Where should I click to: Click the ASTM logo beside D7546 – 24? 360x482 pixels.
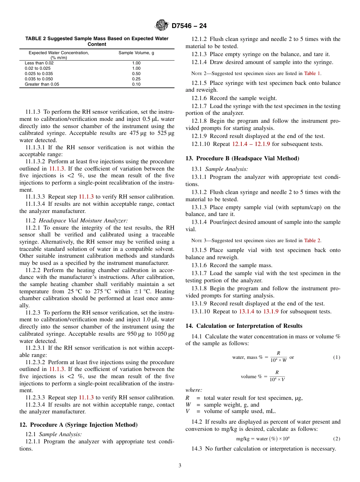pyautogui.click(x=162, y=26)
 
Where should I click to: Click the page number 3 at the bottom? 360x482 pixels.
pyautogui.click(x=180, y=465)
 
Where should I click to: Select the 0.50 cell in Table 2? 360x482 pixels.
pyautogui.click(x=136, y=74)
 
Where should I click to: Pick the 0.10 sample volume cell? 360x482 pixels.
pyautogui.click(x=136, y=84)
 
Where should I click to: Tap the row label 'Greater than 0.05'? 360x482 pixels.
pyautogui.click(x=42, y=84)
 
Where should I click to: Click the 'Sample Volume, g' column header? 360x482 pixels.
pyautogui.click(x=136, y=53)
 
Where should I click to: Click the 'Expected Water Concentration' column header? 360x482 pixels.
pyautogui.click(x=59, y=53)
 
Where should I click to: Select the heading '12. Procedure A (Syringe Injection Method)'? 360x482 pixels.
pyautogui.click(x=78, y=425)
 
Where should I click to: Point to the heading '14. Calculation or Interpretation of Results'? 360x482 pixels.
pyautogui.click(x=244, y=326)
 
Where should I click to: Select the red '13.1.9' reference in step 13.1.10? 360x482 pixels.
pyautogui.click(x=271, y=311)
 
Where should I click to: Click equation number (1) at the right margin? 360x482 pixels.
pyautogui.click(x=337, y=357)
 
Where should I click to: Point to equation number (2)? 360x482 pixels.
pyautogui.click(x=337, y=439)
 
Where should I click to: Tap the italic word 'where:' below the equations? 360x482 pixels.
pyautogui.click(x=194, y=390)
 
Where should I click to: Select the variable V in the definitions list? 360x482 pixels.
pyautogui.click(x=188, y=411)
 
